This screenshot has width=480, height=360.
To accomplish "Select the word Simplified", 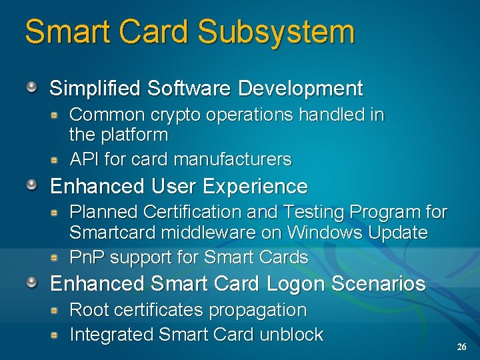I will click(95, 88).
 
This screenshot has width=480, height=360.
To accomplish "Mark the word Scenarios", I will click(378, 283).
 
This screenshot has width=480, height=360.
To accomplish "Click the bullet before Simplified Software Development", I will click(31, 87).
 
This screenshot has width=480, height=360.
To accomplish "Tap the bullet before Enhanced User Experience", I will click(31, 185).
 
